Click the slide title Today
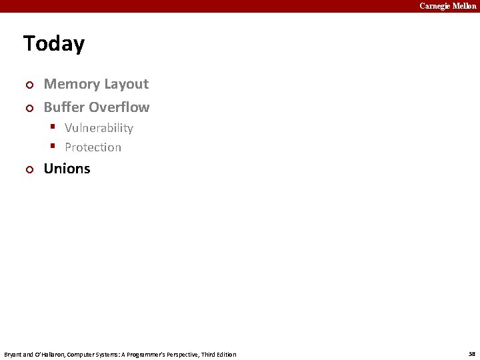point(54,44)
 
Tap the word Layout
point(126,84)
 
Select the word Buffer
point(64,107)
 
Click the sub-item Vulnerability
point(99,128)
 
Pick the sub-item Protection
point(93,147)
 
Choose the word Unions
point(67,169)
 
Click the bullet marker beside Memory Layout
point(28,85)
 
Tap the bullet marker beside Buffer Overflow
point(28,108)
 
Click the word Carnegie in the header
point(435,6)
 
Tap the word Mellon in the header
point(465,6)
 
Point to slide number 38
point(472,354)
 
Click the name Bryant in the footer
point(13,355)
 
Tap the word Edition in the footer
point(225,355)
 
